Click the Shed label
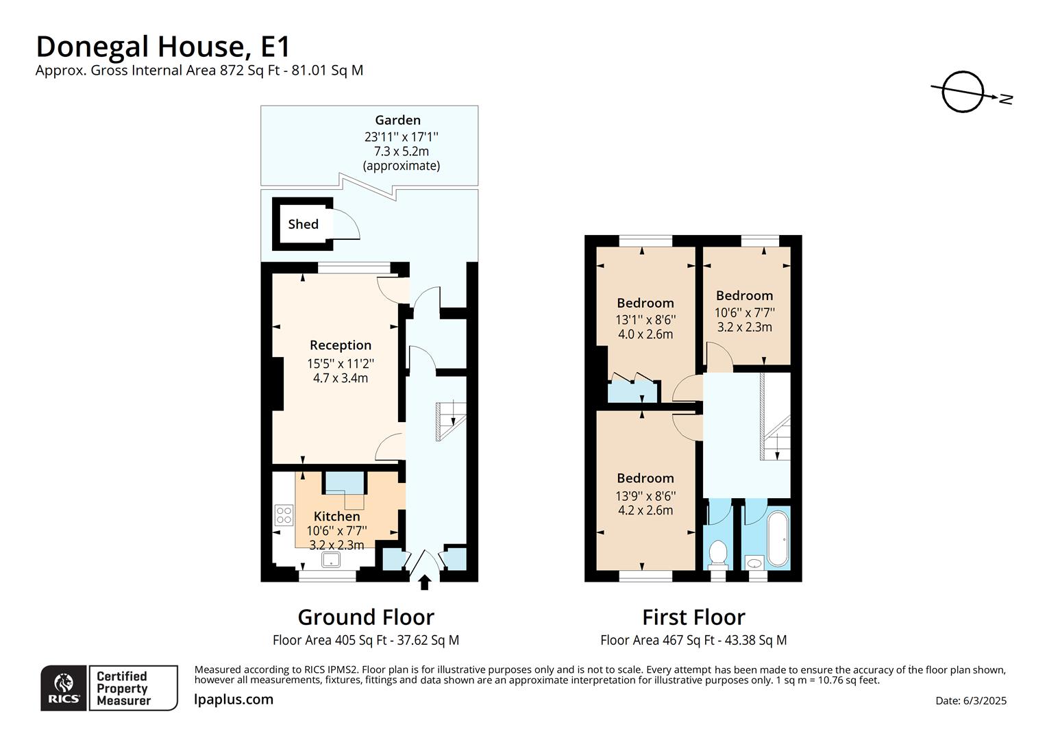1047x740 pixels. pos(303,224)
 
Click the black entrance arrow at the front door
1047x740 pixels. pos(424,582)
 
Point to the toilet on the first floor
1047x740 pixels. pos(717,552)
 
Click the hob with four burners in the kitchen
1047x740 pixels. pos(284,515)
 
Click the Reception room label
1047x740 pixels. pos(341,345)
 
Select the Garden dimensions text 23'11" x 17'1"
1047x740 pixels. pos(401,136)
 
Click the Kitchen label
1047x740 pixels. pos(336,516)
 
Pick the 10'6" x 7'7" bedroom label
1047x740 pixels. pos(744,295)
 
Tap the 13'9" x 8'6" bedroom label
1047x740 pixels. pos(645,478)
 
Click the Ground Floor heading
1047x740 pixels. pos(366,617)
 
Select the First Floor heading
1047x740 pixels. pos(693,617)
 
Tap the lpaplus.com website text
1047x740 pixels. pos(234,700)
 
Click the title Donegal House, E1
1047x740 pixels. pos(163,47)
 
